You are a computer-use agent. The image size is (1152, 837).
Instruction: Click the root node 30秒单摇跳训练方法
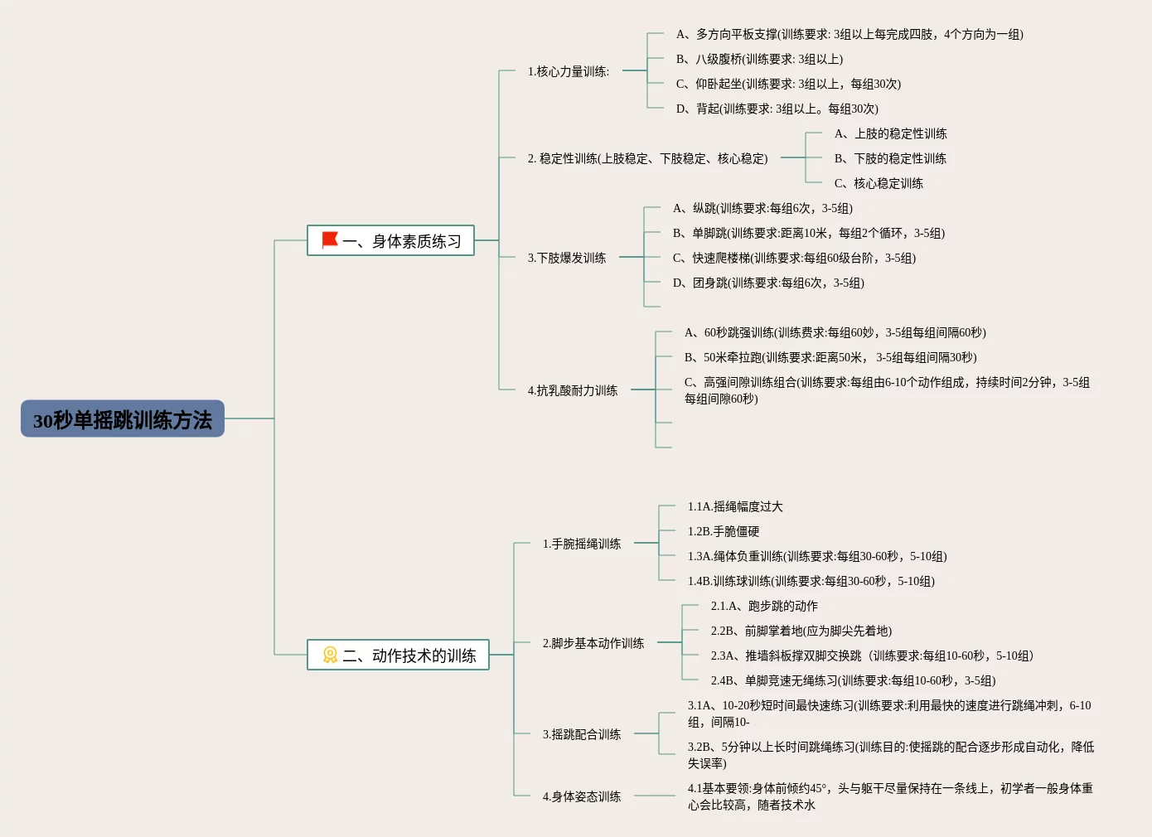pyautogui.click(x=123, y=419)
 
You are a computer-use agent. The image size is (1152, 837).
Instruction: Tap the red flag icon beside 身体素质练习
pyautogui.click(x=330, y=240)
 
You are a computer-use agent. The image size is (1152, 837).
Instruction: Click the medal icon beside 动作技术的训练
pyautogui.click(x=330, y=656)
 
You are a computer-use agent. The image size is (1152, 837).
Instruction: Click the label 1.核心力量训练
pyautogui.click(x=569, y=71)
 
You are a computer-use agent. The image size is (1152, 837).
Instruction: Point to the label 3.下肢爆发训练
pyautogui.click(x=567, y=258)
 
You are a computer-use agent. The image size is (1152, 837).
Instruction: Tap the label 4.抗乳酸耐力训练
pyautogui.click(x=573, y=390)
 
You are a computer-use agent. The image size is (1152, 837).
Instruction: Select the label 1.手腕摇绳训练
pyautogui.click(x=582, y=544)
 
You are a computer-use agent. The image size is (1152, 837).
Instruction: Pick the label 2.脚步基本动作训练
pyautogui.click(x=593, y=643)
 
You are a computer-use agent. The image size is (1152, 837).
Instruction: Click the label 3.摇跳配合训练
pyautogui.click(x=582, y=734)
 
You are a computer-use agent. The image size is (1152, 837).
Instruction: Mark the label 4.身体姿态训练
pyautogui.click(x=582, y=796)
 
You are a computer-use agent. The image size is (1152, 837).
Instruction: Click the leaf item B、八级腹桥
pyautogui.click(x=759, y=59)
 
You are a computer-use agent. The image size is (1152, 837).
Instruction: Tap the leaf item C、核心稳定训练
pyautogui.click(x=879, y=183)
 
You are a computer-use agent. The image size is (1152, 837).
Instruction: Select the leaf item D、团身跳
pyautogui.click(x=768, y=283)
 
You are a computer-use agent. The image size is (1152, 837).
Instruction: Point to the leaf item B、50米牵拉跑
pyautogui.click(x=830, y=357)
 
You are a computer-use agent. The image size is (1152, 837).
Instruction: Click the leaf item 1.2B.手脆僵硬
pyautogui.click(x=724, y=531)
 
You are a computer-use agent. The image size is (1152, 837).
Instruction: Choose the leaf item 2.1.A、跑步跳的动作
pyautogui.click(x=764, y=606)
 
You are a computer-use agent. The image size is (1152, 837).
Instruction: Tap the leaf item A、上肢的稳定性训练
pyautogui.click(x=891, y=133)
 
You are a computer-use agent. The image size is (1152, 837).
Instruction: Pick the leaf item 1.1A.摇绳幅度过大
pyautogui.click(x=735, y=506)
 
